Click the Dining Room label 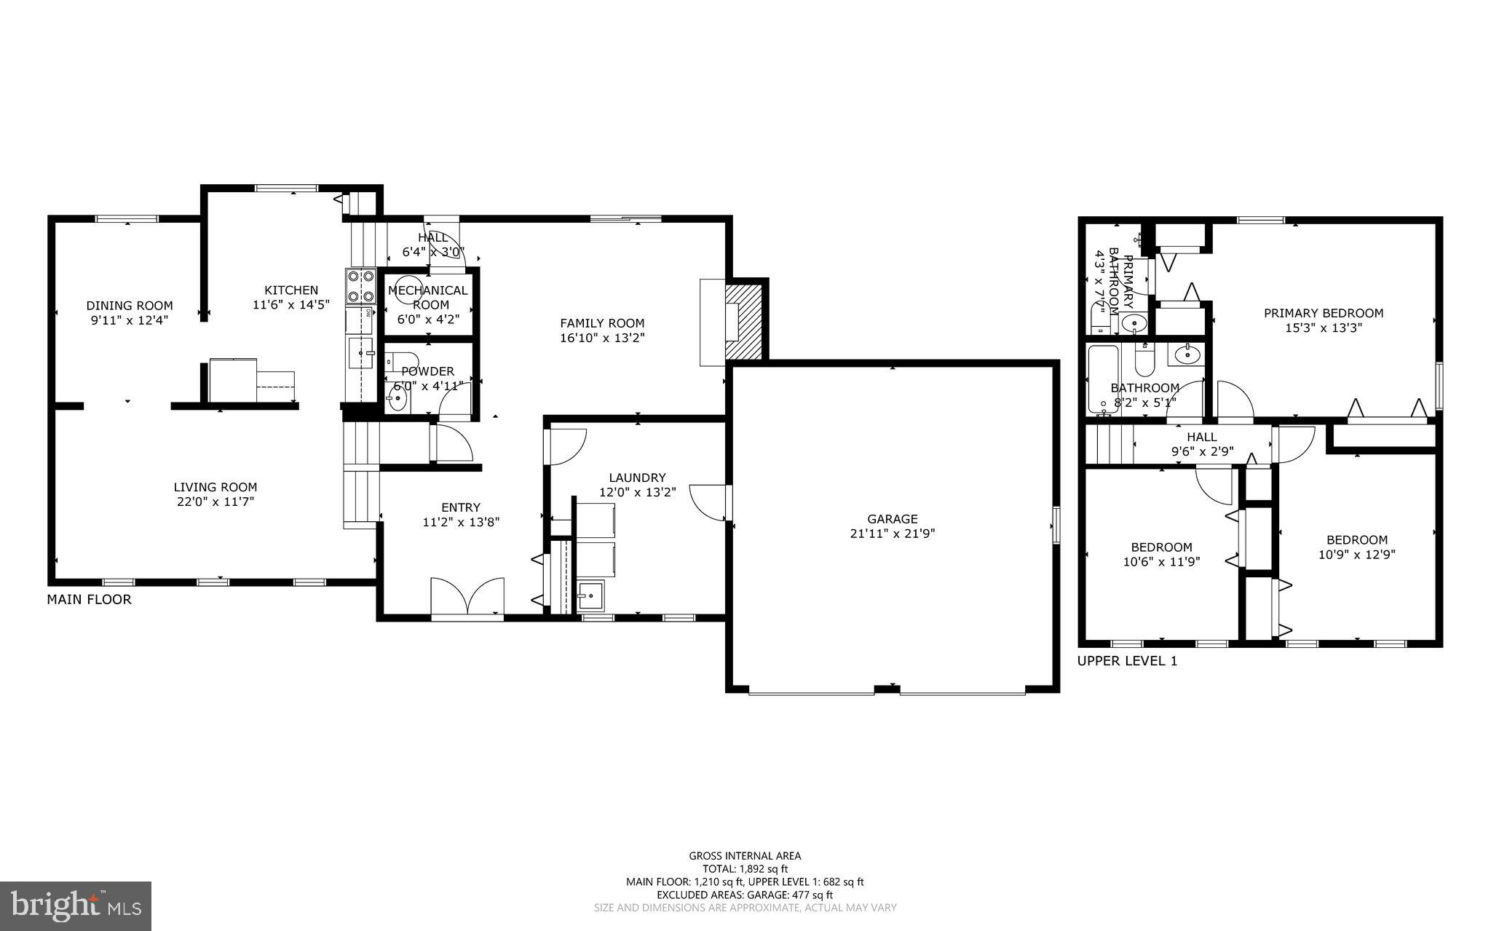130,306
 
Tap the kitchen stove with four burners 360,286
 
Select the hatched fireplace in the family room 743,321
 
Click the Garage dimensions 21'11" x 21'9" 892,534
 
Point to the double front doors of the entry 467,599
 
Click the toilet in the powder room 401,360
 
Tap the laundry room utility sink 590,596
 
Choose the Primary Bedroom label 1323,313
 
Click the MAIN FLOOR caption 89,600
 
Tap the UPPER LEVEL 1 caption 1126,661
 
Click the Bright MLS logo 75,906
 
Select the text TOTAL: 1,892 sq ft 745,868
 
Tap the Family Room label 601,323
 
